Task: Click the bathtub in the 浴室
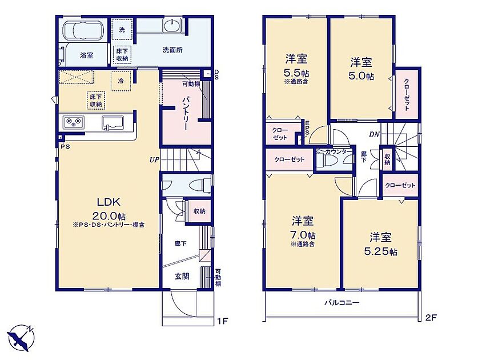(83, 31)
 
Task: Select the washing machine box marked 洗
(122, 30)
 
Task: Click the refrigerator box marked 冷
(121, 81)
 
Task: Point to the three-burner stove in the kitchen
(74, 122)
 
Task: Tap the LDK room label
(109, 202)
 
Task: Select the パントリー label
(186, 113)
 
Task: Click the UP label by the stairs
(154, 160)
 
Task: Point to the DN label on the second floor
(374, 134)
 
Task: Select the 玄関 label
(182, 276)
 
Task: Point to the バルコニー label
(342, 303)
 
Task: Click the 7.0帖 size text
(303, 235)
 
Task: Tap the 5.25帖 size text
(380, 251)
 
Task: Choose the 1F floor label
(222, 321)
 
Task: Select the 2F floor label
(431, 317)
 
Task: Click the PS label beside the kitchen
(65, 147)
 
